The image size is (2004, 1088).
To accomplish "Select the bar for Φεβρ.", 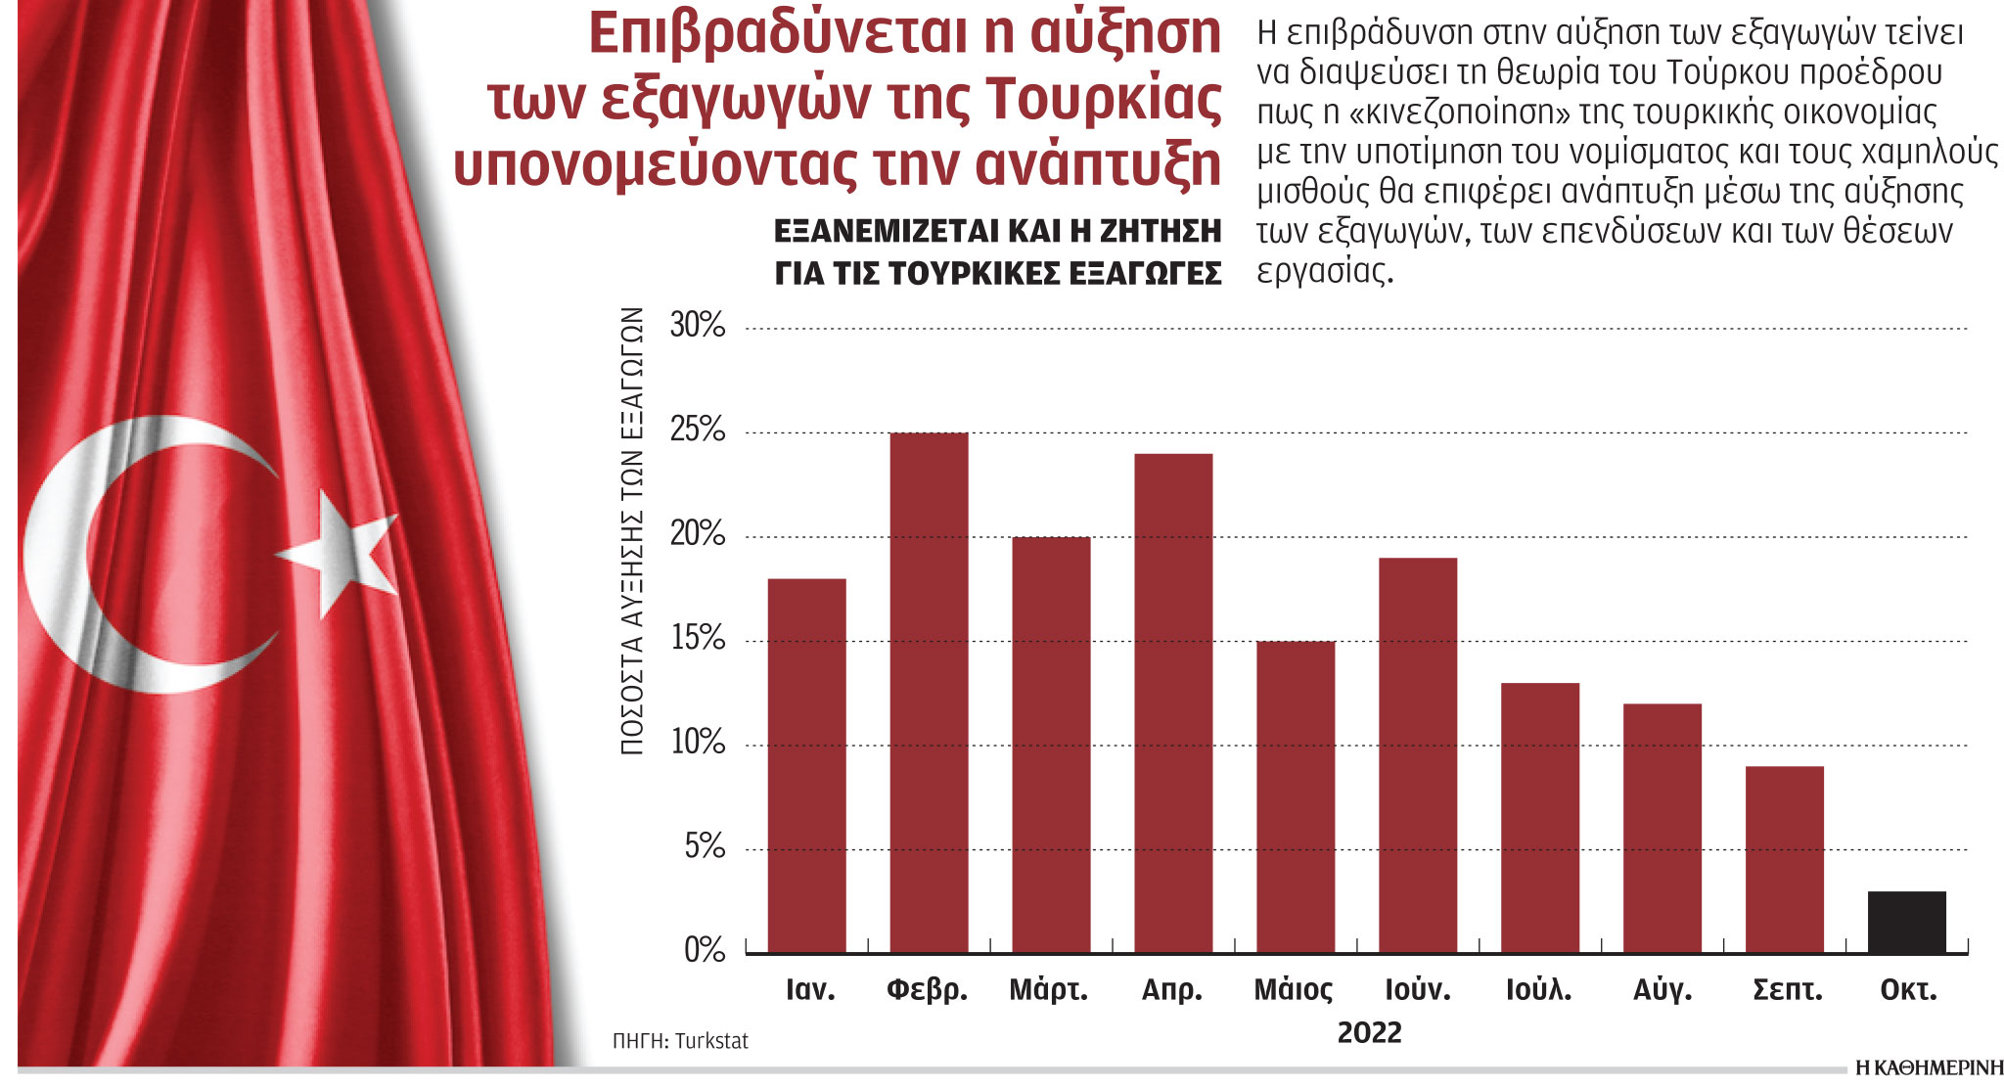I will [x=929, y=693].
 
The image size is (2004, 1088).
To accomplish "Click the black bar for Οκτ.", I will [x=1906, y=923].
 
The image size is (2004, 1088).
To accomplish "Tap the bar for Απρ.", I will [x=1173, y=703].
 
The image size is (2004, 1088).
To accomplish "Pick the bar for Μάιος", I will [x=1296, y=796].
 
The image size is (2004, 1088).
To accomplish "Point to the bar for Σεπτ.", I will [x=1784, y=859].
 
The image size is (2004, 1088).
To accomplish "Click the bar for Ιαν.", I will [x=806, y=765].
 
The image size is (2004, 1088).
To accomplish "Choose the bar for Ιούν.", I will [x=1418, y=754].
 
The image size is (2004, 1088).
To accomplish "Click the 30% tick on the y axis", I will [x=697, y=325].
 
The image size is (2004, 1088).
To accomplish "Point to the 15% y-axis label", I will [x=697, y=639].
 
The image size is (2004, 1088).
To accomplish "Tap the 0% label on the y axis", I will [x=704, y=950].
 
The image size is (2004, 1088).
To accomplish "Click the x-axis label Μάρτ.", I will [x=1048, y=990].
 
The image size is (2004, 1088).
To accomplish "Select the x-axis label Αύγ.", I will [x=1662, y=990].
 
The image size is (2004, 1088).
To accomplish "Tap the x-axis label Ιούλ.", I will [x=1538, y=990].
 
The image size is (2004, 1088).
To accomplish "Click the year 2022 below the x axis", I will [x=1369, y=1032].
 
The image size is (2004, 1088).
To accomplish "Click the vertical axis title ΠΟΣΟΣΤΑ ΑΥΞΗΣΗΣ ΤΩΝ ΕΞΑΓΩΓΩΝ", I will [x=632, y=530].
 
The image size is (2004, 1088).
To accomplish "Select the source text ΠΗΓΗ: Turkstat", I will [x=680, y=1041].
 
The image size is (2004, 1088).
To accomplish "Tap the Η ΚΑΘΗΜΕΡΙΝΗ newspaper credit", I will [x=1929, y=1068].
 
